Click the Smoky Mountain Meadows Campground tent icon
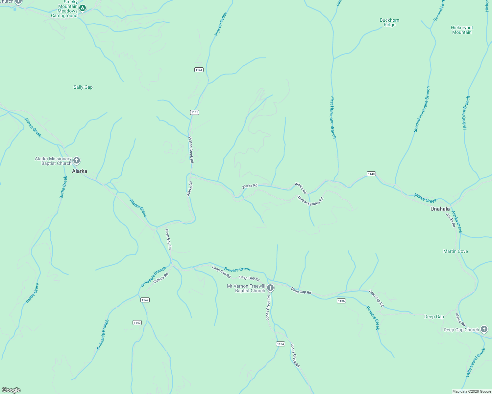point(83,8)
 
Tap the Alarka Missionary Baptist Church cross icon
point(77,161)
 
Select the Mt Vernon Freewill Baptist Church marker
point(270,288)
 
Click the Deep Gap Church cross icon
point(484,329)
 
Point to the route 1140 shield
point(371,174)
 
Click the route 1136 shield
point(341,301)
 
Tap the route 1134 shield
point(280,344)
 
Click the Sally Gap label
point(83,87)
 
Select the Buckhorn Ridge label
point(389,22)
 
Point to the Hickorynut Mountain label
point(462,30)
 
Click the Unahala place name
point(440,209)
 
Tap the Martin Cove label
point(455,251)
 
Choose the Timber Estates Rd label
point(310,201)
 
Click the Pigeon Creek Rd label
point(191,150)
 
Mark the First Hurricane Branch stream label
point(333,117)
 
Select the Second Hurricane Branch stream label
point(422,109)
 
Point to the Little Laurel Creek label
point(475,362)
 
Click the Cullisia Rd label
point(161,278)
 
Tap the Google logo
point(11,390)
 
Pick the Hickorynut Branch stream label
point(466,113)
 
